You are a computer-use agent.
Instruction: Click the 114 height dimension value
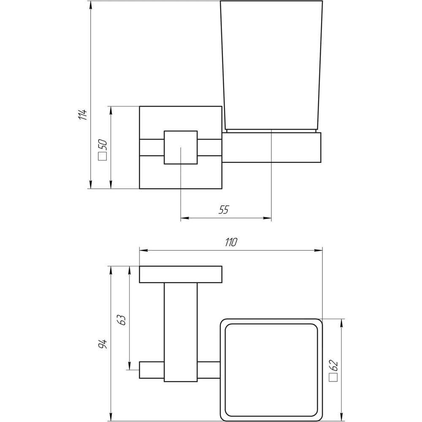point(84,114)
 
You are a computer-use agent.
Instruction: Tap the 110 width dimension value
point(231,242)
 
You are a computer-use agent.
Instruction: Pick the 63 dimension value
point(122,320)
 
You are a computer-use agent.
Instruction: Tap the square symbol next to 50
point(103,157)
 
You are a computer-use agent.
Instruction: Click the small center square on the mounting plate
point(181,147)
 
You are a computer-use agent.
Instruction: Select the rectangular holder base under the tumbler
point(272,148)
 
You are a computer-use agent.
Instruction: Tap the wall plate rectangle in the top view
point(181,274)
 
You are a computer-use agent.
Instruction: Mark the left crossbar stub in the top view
point(151,369)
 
